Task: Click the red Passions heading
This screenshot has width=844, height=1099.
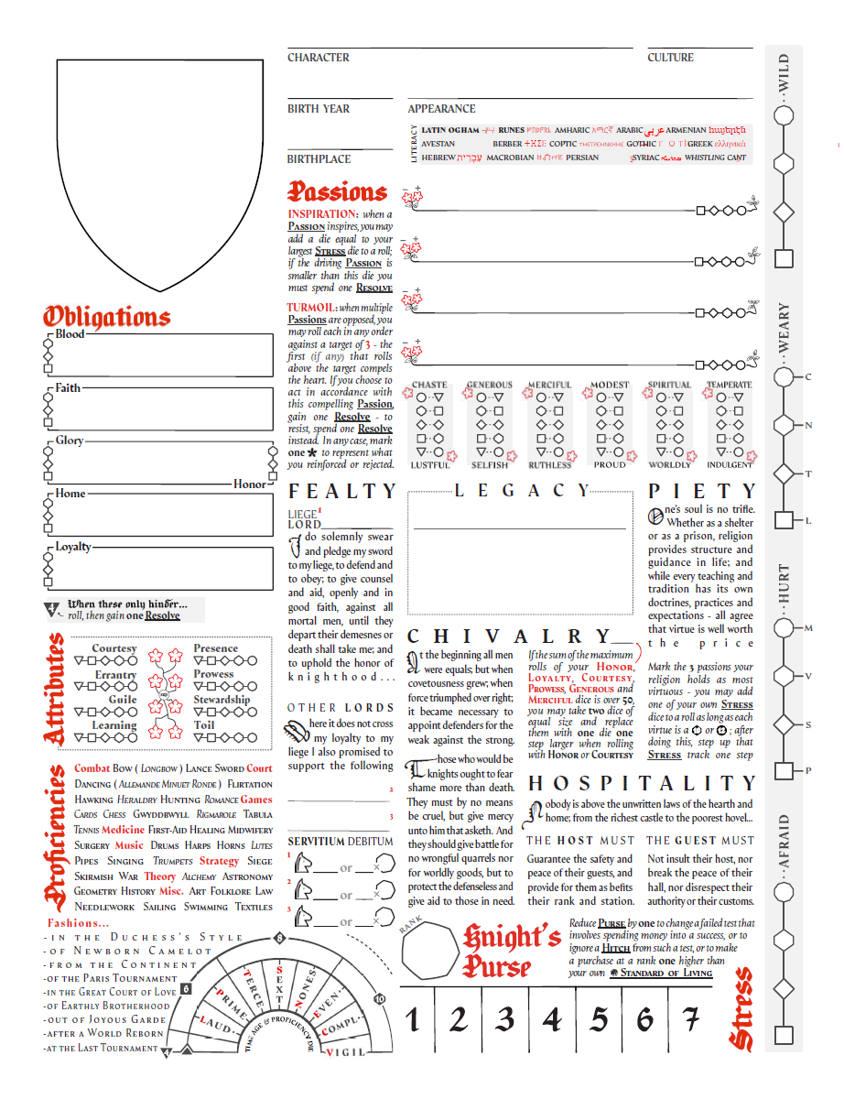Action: pos(338,192)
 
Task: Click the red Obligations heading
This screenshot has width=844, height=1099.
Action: pos(107,317)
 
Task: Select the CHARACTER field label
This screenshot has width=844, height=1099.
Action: pos(319,58)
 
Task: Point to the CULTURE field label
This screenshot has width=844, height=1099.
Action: pos(670,58)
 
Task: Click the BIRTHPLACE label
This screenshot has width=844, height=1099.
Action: pos(319,159)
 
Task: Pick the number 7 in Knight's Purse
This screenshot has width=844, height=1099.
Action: pos(692,1019)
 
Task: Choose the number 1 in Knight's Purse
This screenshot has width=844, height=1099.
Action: pos(413,1019)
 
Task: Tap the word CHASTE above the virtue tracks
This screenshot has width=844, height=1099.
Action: pos(429,386)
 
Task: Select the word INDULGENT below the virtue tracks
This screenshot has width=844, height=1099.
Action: pos(730,465)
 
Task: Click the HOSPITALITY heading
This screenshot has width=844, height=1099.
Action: pos(643,784)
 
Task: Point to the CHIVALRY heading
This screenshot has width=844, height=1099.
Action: pos(509,637)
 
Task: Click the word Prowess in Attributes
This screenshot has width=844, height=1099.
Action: pos(213,674)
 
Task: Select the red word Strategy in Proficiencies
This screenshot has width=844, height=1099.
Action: pos(219,861)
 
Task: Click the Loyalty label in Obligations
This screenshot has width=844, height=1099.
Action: pos(73,547)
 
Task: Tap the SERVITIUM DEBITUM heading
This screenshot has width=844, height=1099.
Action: pos(341,841)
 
